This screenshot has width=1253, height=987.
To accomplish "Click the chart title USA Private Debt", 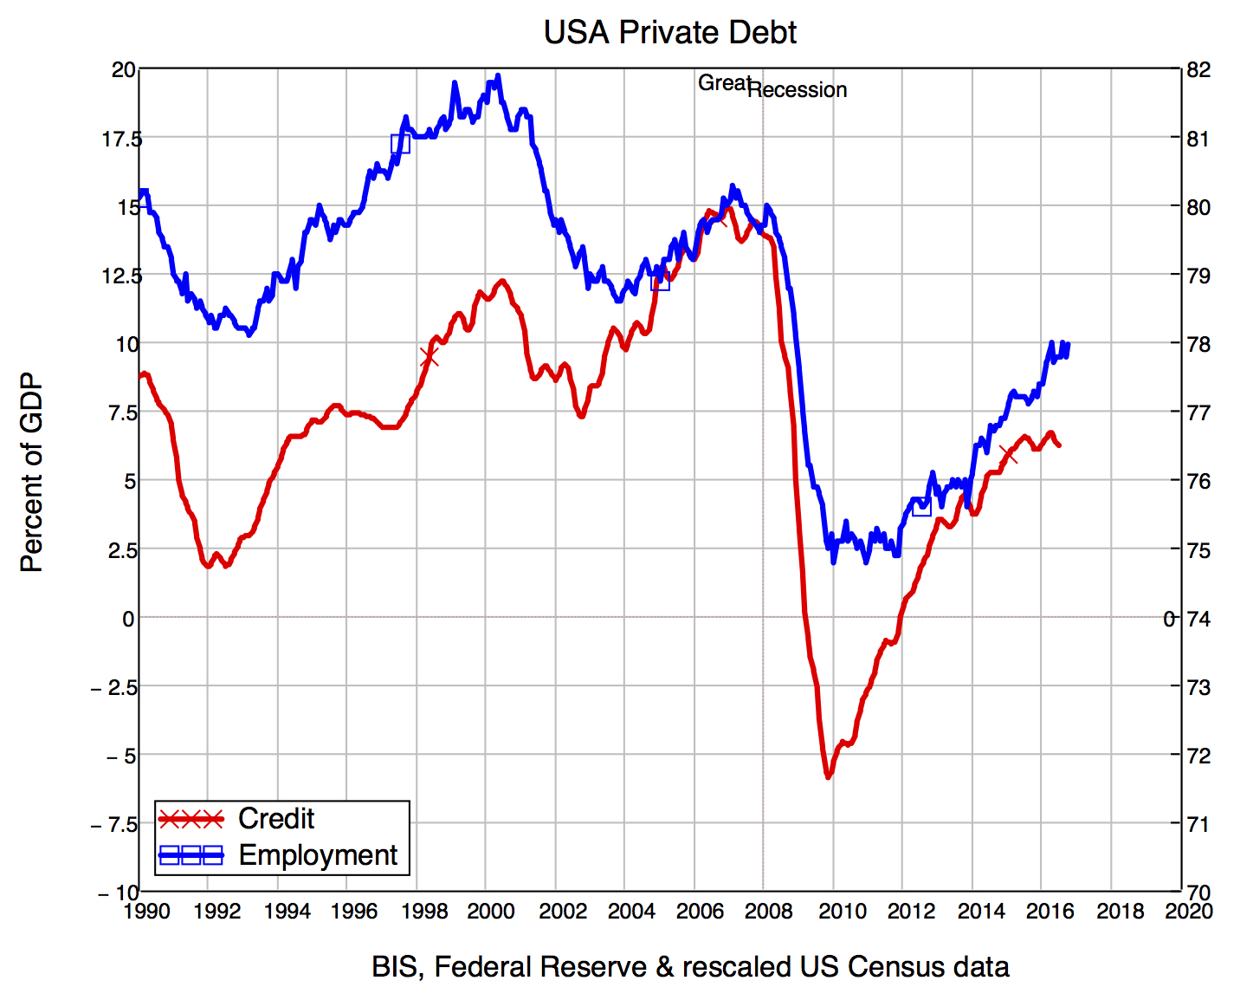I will pos(669,33).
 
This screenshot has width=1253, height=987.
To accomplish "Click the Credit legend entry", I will pos(276,819).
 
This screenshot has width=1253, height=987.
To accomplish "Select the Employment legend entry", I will pos(318,855).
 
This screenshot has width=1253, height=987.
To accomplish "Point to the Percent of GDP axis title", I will pos(31,473).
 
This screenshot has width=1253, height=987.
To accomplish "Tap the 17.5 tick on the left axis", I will pos(121,139).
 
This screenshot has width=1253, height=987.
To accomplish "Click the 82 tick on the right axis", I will pos(1198,70).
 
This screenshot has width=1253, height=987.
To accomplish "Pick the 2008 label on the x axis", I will pos(769,912).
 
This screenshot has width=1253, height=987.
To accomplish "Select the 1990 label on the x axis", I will pos(147,912).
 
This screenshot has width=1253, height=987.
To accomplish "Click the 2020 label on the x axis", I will pos(1189,912).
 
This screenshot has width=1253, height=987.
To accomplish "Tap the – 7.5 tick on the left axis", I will pos(114,824).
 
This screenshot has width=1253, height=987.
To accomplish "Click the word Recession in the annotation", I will pos(798,90).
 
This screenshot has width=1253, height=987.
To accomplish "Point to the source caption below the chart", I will pos(690,966).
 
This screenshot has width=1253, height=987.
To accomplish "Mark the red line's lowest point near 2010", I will pos(828,777).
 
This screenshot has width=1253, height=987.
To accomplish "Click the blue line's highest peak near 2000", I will pos(497,76).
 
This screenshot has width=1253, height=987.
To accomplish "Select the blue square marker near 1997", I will pos(400,144).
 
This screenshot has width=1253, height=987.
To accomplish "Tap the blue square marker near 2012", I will pos(921,507).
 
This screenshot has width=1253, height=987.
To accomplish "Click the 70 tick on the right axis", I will pos(1198,892).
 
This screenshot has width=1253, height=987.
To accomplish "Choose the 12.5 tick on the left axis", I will pos(121,276).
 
